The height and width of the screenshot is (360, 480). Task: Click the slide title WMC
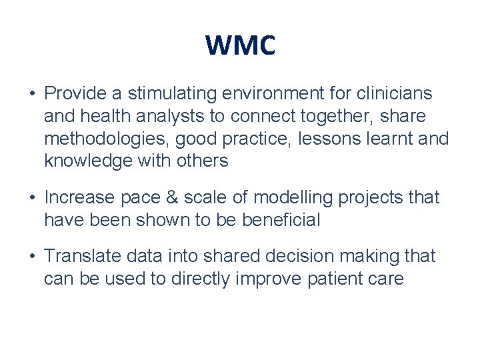click(x=240, y=46)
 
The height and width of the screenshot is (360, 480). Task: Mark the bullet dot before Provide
click(x=31, y=94)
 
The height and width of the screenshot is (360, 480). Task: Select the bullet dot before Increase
click(x=31, y=198)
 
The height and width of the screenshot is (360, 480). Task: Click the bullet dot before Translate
click(x=31, y=257)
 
